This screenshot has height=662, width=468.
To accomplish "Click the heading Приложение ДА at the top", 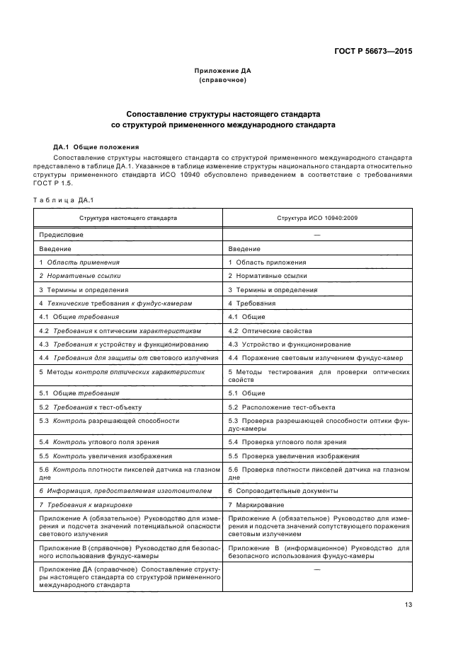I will pyautogui.click(x=223, y=71).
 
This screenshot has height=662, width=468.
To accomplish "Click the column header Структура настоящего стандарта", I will pyautogui.click(x=128, y=218).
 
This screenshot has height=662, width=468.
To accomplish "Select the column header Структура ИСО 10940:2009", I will pyautogui.click(x=317, y=218).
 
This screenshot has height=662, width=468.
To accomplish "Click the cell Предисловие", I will pyautogui.click(x=61, y=234).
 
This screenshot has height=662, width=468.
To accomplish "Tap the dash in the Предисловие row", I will pyautogui.click(x=316, y=234).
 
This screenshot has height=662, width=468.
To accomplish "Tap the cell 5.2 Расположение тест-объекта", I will pyautogui.click(x=281, y=407).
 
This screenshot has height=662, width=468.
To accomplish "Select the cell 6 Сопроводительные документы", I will pyautogui.click(x=282, y=491).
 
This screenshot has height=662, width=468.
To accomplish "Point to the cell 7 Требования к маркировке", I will pyautogui.click(x=86, y=505).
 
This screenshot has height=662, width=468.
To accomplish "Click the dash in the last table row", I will pyautogui.click(x=316, y=569).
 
